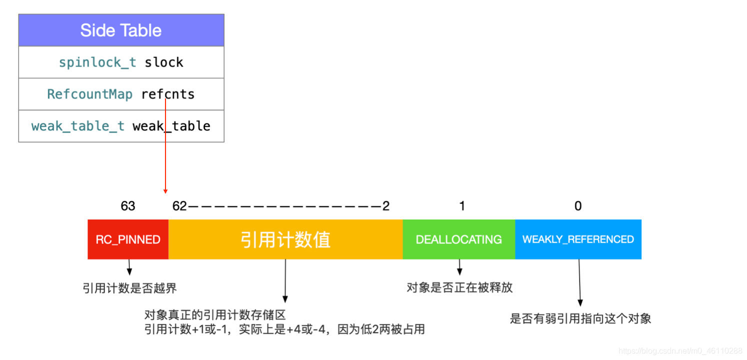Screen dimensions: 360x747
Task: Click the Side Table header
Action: coord(121,30)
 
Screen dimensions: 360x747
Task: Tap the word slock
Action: coord(163,62)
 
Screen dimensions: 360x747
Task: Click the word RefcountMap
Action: coord(89,94)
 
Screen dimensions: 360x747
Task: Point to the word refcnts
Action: coord(168,94)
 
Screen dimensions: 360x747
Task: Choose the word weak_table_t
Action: coord(78,126)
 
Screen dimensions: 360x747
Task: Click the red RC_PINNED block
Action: coord(128,239)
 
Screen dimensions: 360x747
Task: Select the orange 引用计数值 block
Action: coord(285,239)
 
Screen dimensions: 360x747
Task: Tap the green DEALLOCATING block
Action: coord(458,239)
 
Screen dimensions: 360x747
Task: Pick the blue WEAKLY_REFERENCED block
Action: coord(578,239)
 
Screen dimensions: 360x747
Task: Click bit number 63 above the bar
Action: coord(128,206)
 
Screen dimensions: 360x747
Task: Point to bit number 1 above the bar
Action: coord(462,206)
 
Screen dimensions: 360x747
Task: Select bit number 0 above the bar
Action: coord(578,206)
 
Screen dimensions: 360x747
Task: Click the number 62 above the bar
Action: coord(179,206)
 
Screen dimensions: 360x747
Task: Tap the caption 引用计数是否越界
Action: coord(129,288)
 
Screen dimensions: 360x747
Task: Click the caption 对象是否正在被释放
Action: coord(459,287)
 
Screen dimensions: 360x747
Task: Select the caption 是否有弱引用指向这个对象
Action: coord(580,318)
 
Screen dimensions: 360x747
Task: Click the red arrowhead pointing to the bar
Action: coord(165,191)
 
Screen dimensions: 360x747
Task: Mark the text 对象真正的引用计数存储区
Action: coord(214,315)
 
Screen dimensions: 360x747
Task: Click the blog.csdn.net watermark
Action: coord(680,351)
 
